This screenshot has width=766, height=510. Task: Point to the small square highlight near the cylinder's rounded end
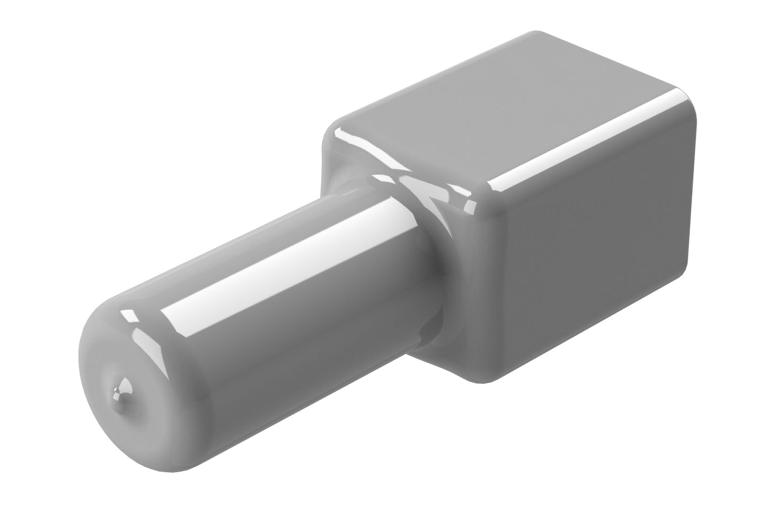[x=127, y=316]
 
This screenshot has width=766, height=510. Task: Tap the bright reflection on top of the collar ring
[x=408, y=183]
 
